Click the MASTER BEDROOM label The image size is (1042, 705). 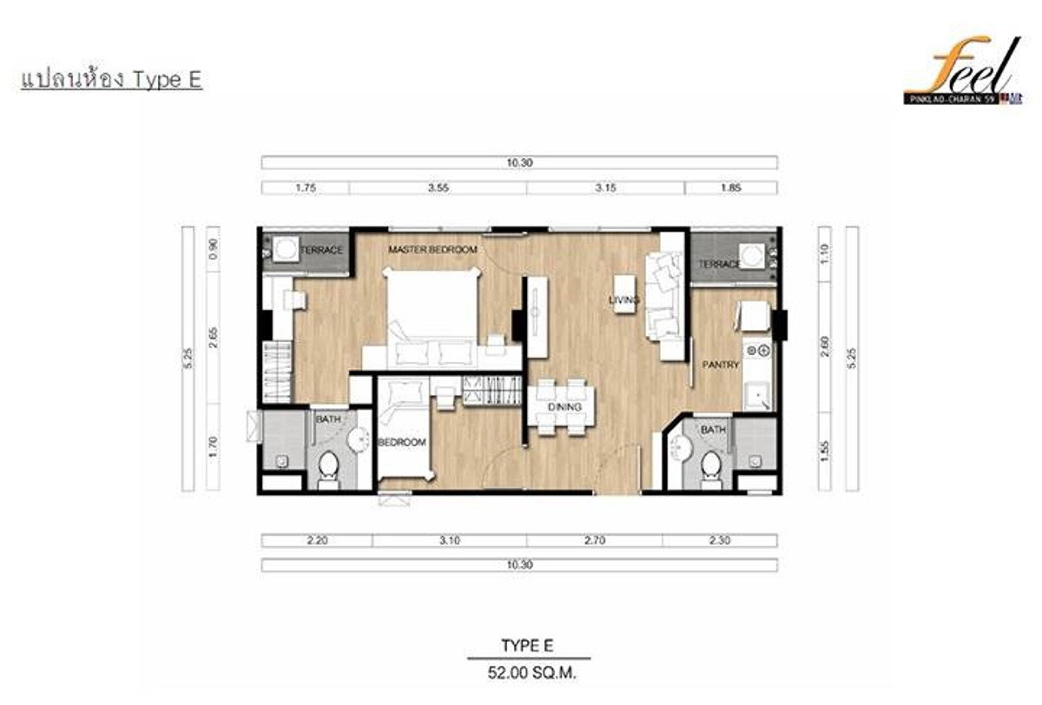tap(432, 250)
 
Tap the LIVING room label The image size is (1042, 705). tap(624, 300)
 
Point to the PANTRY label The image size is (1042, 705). tap(721, 366)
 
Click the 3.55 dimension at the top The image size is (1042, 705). tap(438, 188)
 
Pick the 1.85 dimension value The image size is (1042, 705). tap(731, 188)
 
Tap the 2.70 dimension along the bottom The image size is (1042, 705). tap(604, 540)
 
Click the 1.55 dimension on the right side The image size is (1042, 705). tap(825, 454)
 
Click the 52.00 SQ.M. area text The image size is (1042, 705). tap(527, 672)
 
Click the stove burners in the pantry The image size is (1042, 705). tap(758, 351)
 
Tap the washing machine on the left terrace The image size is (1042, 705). tap(284, 250)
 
